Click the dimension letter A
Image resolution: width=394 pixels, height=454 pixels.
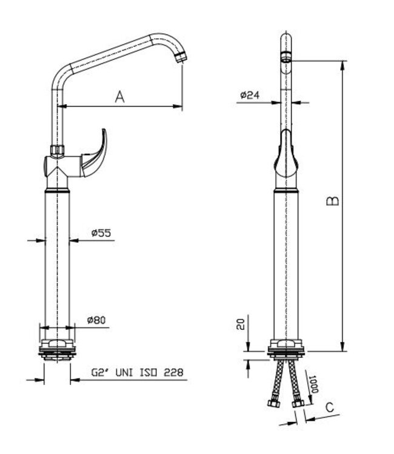(x=120, y=96)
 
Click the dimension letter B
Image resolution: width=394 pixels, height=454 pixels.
(x=332, y=201)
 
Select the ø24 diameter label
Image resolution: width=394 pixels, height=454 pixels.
(x=250, y=95)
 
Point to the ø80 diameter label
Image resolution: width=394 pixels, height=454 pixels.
(x=98, y=320)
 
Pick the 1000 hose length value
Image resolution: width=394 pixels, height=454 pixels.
(x=314, y=384)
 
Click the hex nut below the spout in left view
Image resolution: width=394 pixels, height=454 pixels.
(x=58, y=150)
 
